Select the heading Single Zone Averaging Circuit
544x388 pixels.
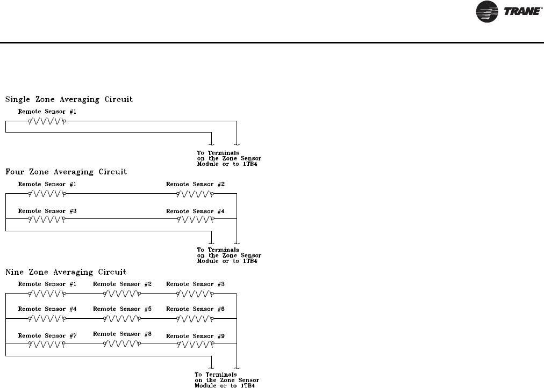[x=69, y=99]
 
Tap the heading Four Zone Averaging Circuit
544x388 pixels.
[x=66, y=172]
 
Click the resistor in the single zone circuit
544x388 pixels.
[x=47, y=121]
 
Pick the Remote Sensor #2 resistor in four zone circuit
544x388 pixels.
[x=195, y=194]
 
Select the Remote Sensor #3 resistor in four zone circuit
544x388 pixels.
[x=47, y=219]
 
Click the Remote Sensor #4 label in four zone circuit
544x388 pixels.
[x=195, y=211]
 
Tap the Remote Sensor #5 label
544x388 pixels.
[x=122, y=309]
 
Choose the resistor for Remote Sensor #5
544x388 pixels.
[x=121, y=318]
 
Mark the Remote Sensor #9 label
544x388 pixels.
[x=195, y=336]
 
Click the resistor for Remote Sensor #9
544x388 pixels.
[x=195, y=344]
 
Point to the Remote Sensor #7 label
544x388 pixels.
[x=47, y=335]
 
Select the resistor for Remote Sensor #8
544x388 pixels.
[x=121, y=344]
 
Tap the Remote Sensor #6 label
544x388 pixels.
[x=195, y=309]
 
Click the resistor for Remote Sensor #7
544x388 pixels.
[x=47, y=344]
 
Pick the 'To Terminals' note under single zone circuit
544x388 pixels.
[x=229, y=158]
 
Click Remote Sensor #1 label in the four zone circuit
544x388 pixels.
[x=47, y=184]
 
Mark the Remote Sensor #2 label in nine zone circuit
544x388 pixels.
[x=122, y=283]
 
